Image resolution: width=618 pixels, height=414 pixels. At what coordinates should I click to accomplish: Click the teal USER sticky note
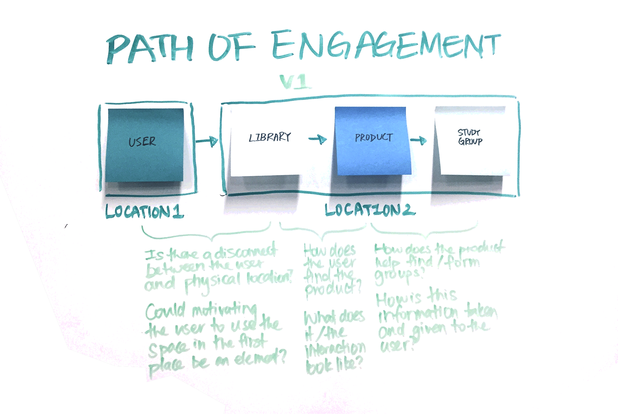(x=145, y=145)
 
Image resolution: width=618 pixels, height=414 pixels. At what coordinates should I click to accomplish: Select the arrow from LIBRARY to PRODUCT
(x=318, y=139)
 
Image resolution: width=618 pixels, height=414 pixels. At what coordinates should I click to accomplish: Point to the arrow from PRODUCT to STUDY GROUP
(x=418, y=140)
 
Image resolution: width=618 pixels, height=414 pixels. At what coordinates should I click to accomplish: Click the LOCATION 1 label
(x=145, y=212)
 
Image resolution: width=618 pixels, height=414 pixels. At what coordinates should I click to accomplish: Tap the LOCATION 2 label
(x=370, y=210)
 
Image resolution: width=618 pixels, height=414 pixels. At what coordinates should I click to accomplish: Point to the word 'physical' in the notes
(x=212, y=282)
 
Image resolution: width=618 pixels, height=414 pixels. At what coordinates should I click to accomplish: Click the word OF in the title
(x=232, y=47)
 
